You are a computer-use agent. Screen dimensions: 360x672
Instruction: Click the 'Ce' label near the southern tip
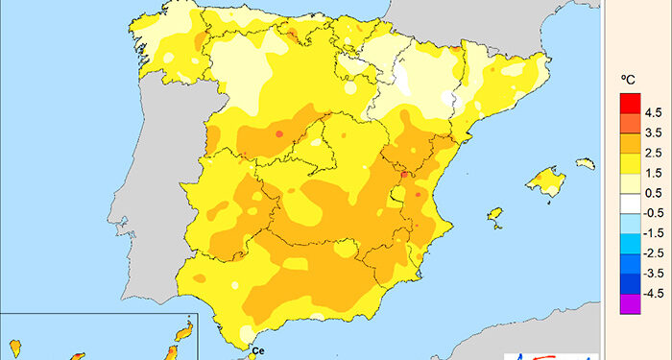pos(256,351)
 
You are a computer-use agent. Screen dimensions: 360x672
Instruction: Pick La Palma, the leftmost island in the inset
pos(15,344)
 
